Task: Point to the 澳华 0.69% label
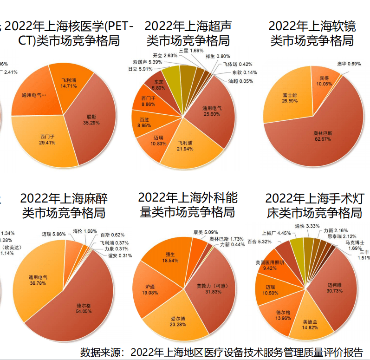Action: [349, 64]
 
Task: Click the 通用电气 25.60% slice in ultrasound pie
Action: [212, 111]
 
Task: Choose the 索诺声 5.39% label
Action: [147, 61]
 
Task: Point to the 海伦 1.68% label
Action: [84, 231]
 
